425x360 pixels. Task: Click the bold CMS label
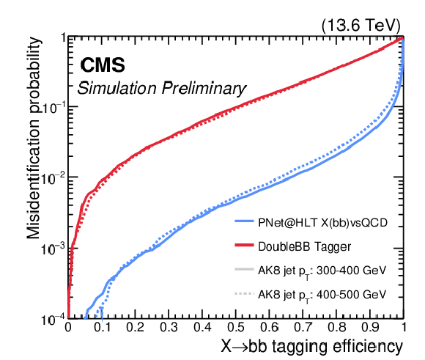[x=103, y=65]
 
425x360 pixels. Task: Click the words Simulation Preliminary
[x=161, y=89]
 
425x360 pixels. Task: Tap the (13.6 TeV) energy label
[x=361, y=26]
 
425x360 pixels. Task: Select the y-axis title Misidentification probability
[x=34, y=138]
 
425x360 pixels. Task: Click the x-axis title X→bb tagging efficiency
[x=311, y=347]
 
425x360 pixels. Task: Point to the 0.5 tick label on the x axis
[x=236, y=327]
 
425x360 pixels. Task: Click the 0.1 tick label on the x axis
[x=103, y=327]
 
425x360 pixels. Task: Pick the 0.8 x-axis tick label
[x=336, y=327]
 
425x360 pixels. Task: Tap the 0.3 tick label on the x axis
[x=169, y=327]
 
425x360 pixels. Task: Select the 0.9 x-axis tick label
[x=370, y=327]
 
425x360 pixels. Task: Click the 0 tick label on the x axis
[x=68, y=327]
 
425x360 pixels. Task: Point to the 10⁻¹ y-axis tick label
[x=52, y=108]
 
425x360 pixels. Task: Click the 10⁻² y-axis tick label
[x=52, y=178]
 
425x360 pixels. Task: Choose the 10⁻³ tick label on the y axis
[x=52, y=249]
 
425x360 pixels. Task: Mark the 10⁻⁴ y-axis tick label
[x=52, y=320]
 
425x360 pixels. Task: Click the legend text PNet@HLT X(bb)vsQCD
[x=323, y=223]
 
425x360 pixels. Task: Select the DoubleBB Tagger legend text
[x=304, y=246]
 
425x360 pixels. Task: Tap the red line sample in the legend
[x=244, y=245]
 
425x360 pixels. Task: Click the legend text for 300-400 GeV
[x=322, y=271]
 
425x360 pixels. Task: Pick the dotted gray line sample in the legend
[x=244, y=293]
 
